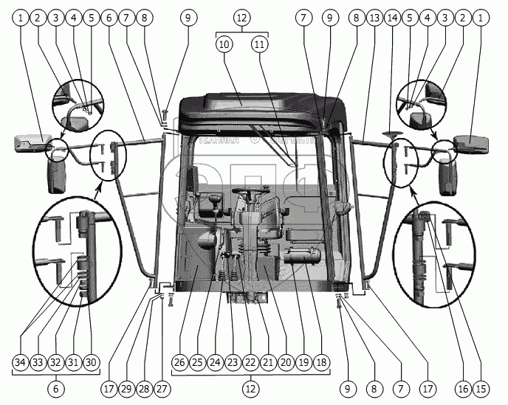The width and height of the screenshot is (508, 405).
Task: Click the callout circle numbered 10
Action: [224, 44]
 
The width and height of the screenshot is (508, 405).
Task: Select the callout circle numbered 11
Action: [259, 44]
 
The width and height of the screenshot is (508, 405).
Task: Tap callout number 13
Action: [375, 16]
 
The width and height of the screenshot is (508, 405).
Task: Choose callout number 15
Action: [482, 387]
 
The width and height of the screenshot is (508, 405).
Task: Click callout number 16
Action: [464, 387]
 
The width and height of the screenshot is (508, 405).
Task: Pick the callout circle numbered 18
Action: [321, 362]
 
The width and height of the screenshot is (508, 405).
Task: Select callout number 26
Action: [179, 362]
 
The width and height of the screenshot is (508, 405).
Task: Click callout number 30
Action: [91, 362]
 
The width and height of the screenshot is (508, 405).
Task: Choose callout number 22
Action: [250, 362]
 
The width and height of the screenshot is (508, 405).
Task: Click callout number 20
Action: [286, 362]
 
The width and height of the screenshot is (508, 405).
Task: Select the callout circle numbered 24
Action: [215, 362]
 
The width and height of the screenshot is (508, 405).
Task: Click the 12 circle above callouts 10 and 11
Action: [241, 16]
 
